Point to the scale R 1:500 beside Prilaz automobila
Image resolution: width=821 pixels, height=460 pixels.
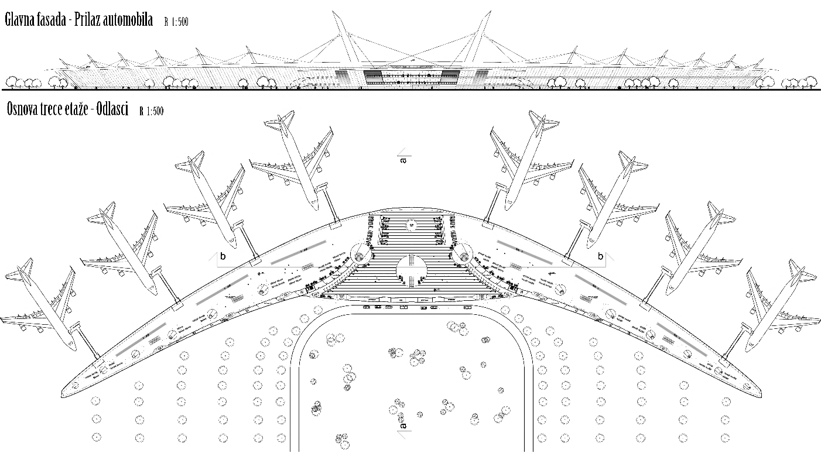coord(176,22)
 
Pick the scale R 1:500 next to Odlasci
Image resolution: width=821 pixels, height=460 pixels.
coord(151,111)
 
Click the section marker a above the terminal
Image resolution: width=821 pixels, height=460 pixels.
coord(402,158)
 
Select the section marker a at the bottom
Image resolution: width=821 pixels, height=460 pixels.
coord(402,425)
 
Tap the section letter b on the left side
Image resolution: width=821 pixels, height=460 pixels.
coord(223,256)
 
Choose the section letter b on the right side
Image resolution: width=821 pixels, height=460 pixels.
coord(600,256)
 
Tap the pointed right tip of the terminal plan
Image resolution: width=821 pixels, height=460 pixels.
coord(761,393)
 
